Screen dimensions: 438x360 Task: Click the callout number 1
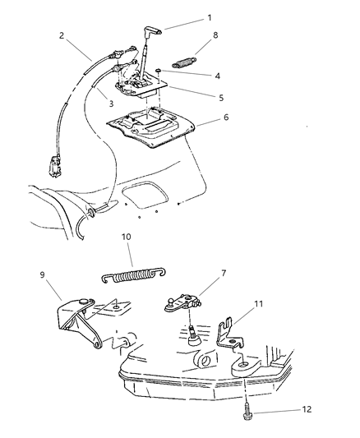pos(209,18)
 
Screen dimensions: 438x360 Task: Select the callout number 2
pos(62,36)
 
